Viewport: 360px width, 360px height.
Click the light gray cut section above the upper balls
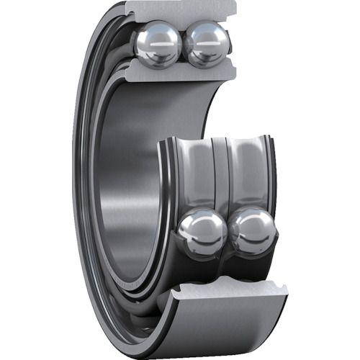180,10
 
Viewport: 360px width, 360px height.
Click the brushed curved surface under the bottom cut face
230,331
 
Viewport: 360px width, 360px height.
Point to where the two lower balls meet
227,232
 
